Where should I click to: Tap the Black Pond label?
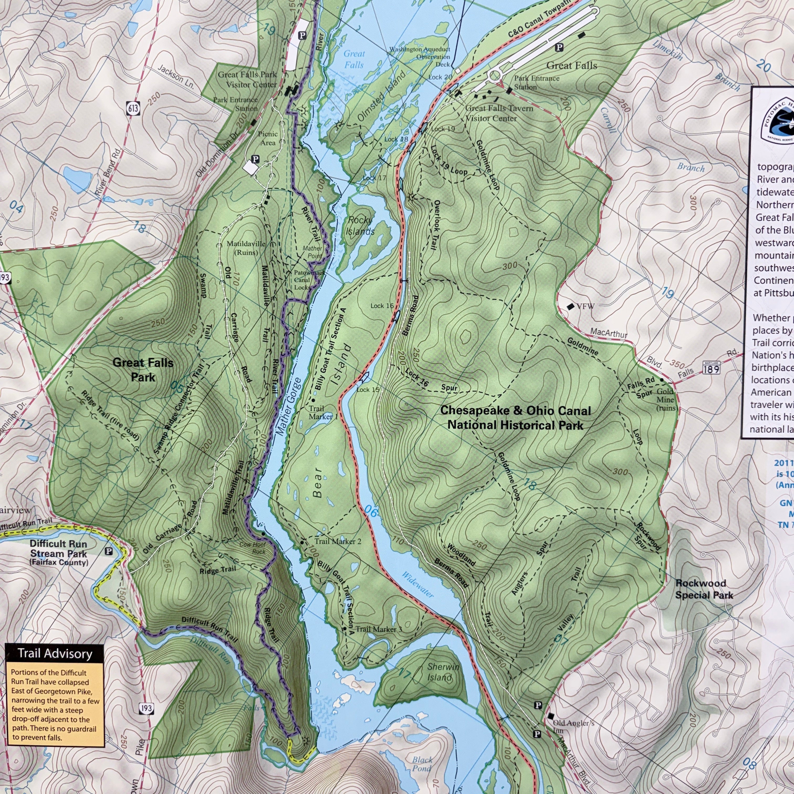point(422,764)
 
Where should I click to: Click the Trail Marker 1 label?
point(323,412)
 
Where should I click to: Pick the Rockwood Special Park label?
point(704,589)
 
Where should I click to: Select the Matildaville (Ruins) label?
point(246,248)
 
